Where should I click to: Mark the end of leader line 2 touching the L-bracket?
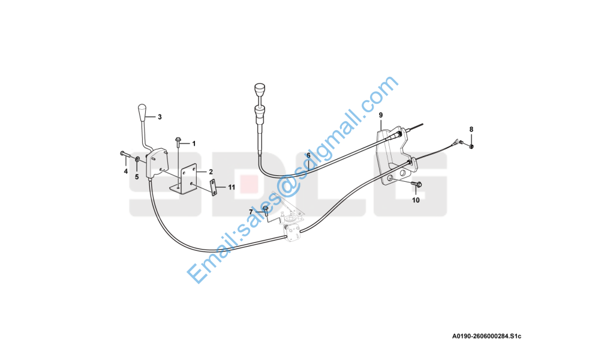(x=197, y=172)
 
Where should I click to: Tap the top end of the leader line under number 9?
(x=381, y=119)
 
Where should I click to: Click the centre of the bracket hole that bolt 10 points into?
(x=390, y=178)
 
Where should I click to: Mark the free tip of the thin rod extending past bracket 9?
(x=423, y=124)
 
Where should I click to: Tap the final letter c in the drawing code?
(x=519, y=337)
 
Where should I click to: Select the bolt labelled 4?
(x=125, y=154)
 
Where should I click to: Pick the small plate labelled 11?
(x=213, y=188)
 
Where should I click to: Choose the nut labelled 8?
(x=471, y=146)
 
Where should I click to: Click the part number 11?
(x=232, y=187)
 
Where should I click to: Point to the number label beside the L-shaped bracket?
(x=211, y=172)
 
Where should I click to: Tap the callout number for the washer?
(x=137, y=176)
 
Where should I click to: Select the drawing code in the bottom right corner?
(x=487, y=337)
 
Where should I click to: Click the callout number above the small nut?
(x=471, y=130)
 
